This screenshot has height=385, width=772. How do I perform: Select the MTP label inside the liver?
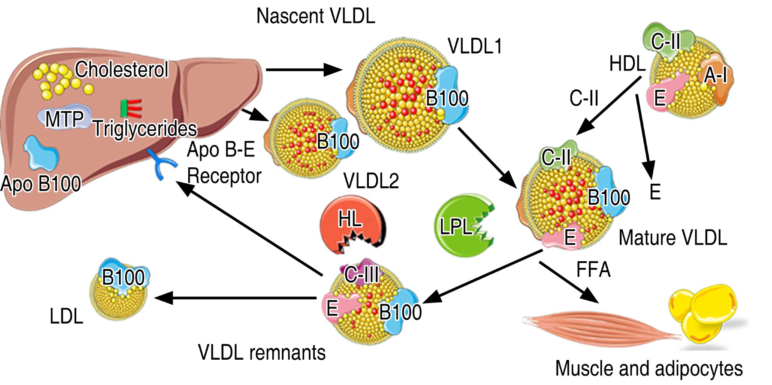64,119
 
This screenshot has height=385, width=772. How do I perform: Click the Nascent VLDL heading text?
316,16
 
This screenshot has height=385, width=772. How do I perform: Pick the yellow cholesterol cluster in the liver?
60,79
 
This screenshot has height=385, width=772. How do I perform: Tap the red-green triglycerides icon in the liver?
131,108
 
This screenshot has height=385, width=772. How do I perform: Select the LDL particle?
119,290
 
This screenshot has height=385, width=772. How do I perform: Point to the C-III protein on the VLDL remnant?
362,273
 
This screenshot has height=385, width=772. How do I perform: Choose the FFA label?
593,270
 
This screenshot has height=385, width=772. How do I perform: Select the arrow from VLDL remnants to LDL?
236,297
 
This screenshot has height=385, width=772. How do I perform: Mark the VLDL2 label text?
371,181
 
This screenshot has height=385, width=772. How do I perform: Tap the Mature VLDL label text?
672,238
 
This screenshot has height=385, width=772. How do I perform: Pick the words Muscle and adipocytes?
648,368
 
